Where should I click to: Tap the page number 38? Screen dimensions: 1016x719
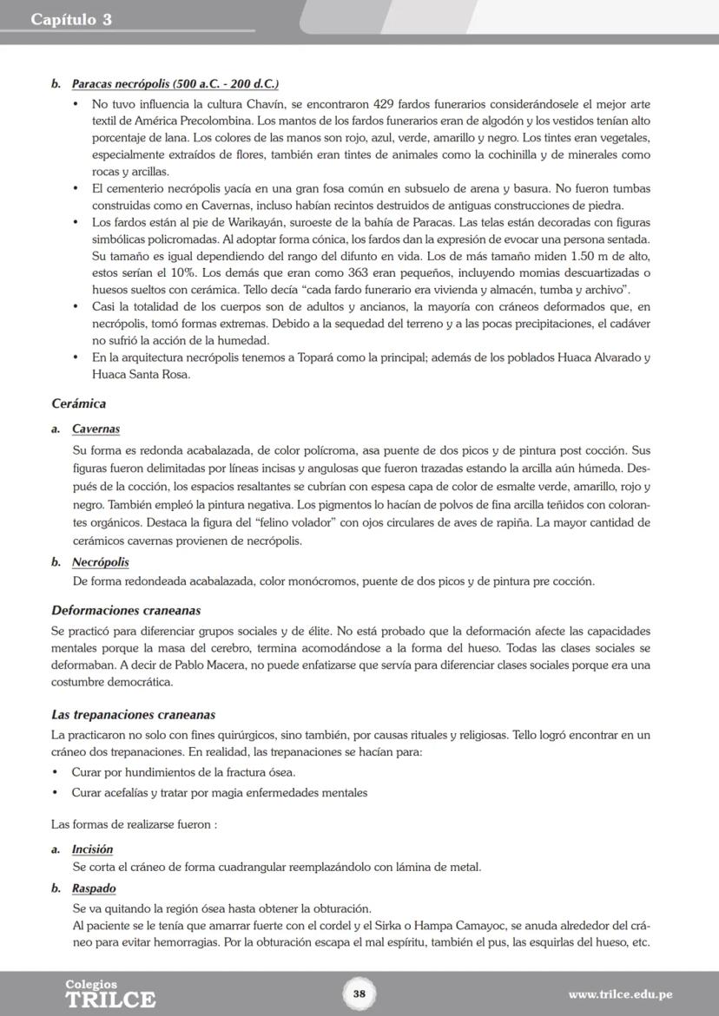coord(359,993)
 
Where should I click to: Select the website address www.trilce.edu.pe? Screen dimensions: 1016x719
coord(620,994)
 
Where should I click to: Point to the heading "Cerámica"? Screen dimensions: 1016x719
coord(78,403)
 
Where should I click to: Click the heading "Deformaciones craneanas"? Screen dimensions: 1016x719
coord(126,610)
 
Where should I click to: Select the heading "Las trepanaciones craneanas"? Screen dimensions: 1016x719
coord(133,715)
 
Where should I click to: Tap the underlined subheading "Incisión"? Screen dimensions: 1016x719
coord(92,849)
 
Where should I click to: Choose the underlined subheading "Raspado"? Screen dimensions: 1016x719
coord(94,888)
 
